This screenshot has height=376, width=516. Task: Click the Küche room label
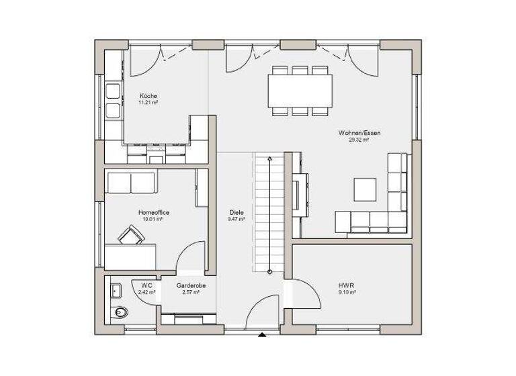coord(148,96)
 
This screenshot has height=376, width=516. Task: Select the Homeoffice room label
coord(154,212)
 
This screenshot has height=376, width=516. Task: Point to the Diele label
coord(236,212)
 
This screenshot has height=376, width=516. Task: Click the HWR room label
coord(346,285)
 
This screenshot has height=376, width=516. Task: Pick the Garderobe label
coord(191,286)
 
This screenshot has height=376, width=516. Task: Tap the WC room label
coord(146,286)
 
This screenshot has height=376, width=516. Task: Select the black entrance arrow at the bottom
coord(263,334)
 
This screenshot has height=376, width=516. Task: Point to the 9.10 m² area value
coord(347,293)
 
